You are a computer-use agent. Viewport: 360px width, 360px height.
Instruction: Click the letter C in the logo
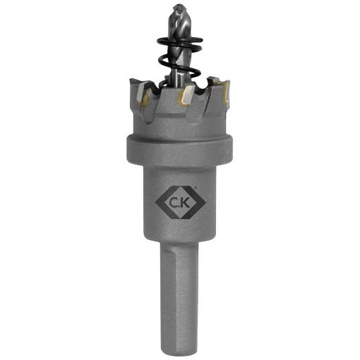(x=174, y=203)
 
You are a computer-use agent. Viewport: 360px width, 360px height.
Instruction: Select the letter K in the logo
(x=186, y=203)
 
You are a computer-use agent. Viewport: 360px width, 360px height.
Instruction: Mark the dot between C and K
(x=180, y=207)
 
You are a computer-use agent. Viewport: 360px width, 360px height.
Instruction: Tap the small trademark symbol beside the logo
(x=194, y=187)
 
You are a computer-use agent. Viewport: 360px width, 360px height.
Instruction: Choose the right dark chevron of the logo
(x=195, y=203)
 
